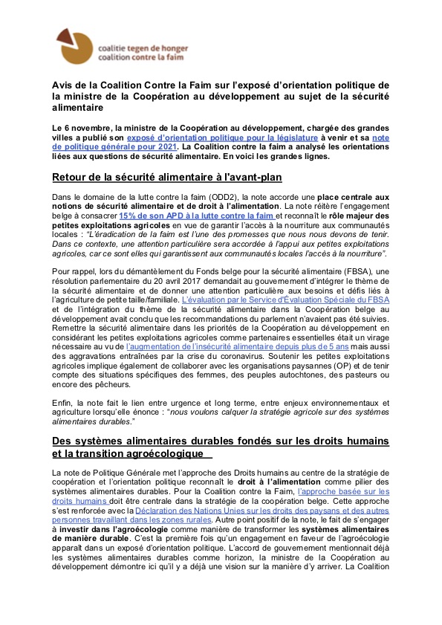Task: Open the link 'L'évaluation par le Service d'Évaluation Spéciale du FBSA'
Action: click(306, 301)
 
